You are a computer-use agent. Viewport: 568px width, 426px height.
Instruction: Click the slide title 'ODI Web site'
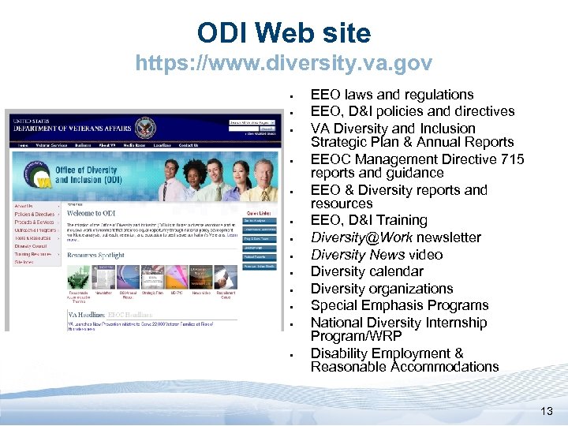284,33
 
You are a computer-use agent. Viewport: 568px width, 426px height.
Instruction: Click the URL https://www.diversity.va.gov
284,62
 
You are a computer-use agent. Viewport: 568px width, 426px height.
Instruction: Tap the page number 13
547,410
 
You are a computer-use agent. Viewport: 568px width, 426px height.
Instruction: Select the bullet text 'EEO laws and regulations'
392,95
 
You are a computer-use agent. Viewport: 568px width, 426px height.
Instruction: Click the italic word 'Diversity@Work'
361,237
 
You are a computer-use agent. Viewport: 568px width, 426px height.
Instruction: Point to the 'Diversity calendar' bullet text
367,271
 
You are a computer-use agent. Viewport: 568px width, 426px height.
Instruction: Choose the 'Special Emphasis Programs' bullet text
399,305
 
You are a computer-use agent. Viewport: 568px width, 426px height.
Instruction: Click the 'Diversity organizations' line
381,289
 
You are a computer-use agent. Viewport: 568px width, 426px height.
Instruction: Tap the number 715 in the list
501,159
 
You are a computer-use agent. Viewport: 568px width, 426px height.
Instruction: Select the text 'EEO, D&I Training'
368,220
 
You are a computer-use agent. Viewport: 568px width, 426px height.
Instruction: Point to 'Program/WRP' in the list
356,336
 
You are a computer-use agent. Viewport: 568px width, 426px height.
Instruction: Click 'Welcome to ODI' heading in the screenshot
91,214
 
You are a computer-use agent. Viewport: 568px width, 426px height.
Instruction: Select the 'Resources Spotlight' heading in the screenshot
95,256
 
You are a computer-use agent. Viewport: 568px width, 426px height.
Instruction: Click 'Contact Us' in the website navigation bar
189,145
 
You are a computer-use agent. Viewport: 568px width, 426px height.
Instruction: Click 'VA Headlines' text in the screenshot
85,315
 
